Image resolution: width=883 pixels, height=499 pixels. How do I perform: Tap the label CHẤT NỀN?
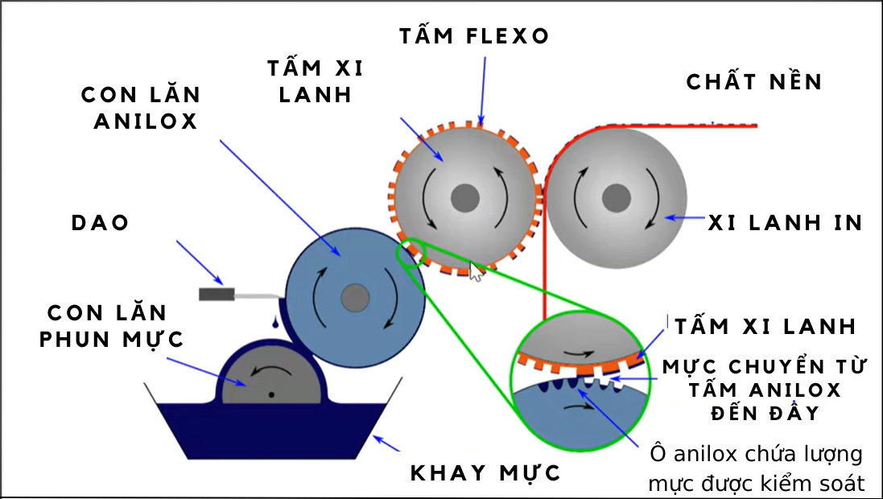(x=754, y=82)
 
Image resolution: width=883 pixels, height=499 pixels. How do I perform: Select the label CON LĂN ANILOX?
(x=140, y=108)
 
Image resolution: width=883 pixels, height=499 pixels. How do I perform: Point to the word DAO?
(x=101, y=223)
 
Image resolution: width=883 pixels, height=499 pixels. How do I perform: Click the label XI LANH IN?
(x=785, y=223)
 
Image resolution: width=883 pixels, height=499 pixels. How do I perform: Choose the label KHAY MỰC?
(x=485, y=473)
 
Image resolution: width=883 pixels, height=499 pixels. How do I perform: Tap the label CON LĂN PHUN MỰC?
(x=113, y=326)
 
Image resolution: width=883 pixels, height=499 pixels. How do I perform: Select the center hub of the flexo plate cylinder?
(x=464, y=197)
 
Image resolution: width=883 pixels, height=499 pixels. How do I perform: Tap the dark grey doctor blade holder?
(x=217, y=295)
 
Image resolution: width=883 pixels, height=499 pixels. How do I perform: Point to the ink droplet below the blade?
(x=275, y=324)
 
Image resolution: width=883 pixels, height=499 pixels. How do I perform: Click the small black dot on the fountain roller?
(x=272, y=394)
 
